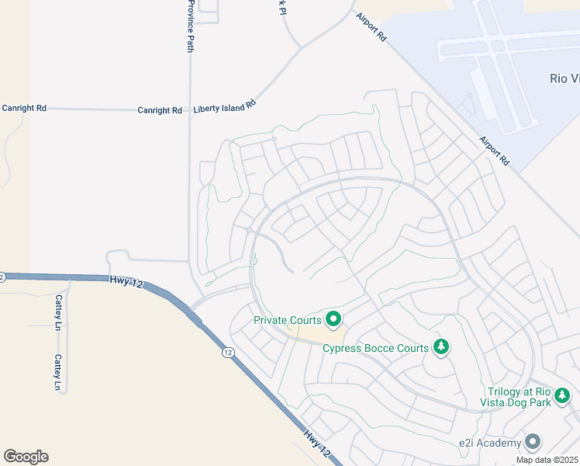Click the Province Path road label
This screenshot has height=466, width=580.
(190, 26)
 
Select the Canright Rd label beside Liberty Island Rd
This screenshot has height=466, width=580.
(160, 110)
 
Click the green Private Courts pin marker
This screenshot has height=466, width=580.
(334, 318)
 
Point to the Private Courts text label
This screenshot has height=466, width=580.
(288, 319)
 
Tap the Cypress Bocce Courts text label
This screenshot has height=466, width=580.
(375, 348)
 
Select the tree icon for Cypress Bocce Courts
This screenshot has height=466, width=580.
(441, 346)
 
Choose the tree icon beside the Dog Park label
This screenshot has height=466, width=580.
(563, 397)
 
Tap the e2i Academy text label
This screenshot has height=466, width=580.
(489, 443)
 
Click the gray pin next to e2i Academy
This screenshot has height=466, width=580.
(532, 442)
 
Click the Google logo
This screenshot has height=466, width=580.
(26, 457)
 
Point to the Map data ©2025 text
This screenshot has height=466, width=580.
(546, 460)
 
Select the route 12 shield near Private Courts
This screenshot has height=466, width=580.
(227, 353)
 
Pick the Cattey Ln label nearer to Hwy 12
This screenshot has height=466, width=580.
(57, 313)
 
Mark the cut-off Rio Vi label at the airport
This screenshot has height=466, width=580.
(564, 78)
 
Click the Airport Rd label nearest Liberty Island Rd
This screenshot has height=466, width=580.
(371, 27)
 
